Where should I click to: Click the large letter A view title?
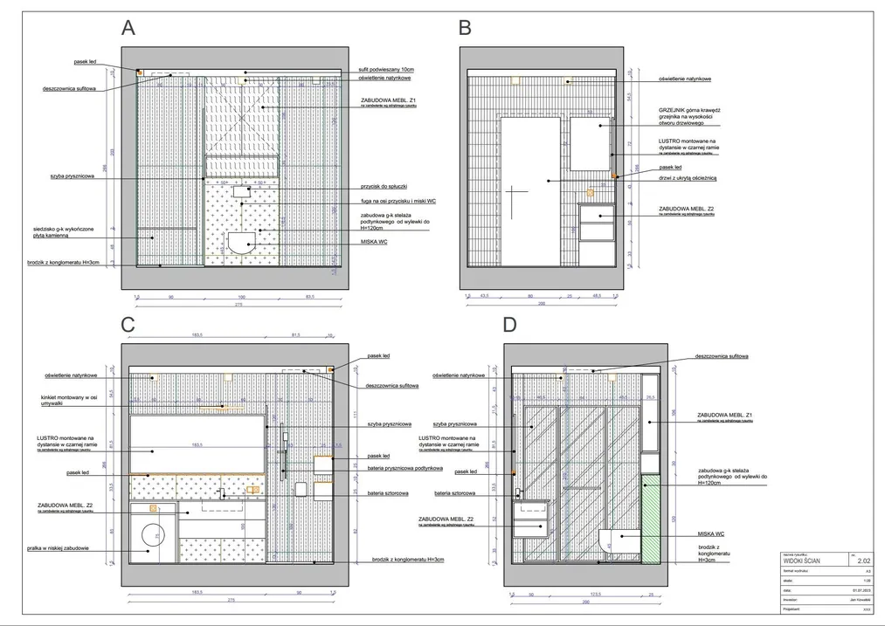point(128,28)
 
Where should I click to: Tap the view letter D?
point(509,325)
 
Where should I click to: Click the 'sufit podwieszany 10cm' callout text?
point(391,69)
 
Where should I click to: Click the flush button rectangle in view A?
point(242,189)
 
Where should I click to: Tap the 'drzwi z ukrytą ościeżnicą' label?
point(688,177)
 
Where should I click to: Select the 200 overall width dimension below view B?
point(541,305)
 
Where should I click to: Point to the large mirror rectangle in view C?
point(197,445)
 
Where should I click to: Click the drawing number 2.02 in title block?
point(862,563)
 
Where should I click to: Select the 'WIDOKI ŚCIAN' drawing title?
point(802,563)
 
